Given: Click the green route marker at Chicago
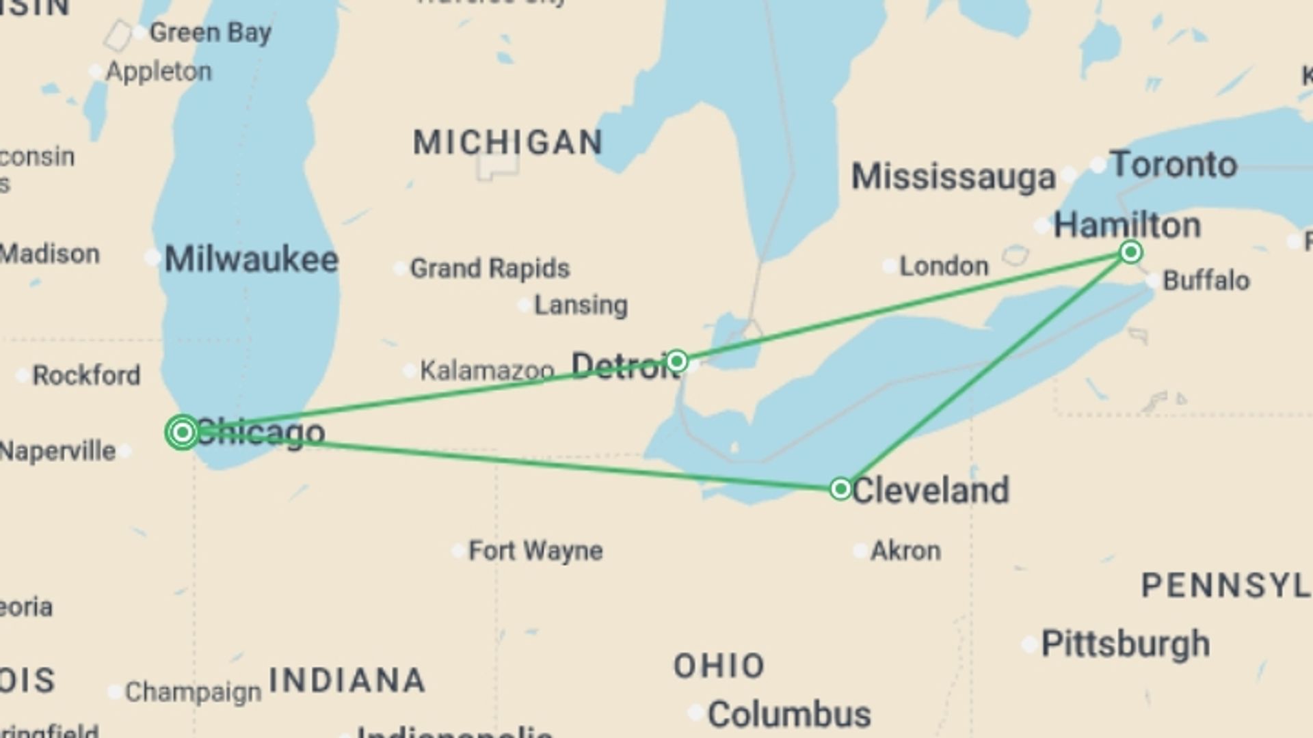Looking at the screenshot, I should coord(183,432).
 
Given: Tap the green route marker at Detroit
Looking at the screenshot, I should coord(677,361).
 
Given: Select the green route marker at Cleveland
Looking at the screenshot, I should coord(840,489).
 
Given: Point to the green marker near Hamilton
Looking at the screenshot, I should coord(1130,252).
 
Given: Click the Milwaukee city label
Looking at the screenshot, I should coord(251,260).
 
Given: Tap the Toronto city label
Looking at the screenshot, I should coord(1173,165).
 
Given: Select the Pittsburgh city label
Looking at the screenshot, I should coord(1125,644).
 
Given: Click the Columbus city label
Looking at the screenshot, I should coord(789,715).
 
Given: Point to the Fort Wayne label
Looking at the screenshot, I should coord(535,551).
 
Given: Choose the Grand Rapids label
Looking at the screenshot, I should coord(490,269).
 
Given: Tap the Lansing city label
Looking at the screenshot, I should coord(581,305).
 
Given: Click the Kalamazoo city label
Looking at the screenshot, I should coord(486,370).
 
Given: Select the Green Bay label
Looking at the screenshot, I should coord(211,32).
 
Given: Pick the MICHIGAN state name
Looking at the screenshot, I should coord(508,142).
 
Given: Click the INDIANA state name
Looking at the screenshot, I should coord(347,680).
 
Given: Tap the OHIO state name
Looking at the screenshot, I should coord(719,666).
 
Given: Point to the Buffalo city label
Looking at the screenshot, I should coord(1206,280).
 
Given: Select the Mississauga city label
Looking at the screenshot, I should coord(953,177).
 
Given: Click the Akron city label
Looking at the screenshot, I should coord(905,551).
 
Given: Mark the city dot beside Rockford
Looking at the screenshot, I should coord(23,375).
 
